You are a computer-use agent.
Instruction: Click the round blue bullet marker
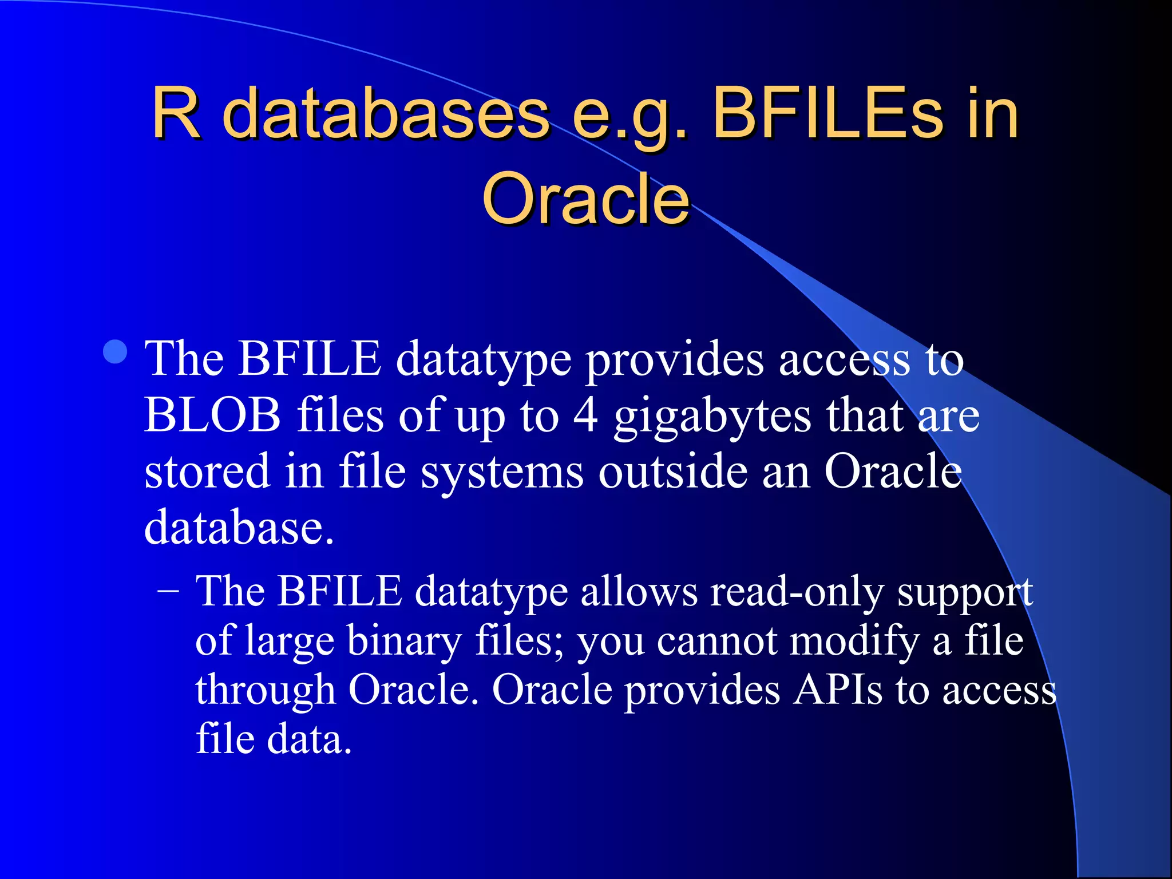tap(116, 352)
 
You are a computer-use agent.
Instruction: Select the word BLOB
tap(212, 415)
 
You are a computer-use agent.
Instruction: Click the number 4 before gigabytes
tap(585, 415)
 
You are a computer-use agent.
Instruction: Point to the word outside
tap(673, 472)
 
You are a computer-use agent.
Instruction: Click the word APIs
tap(838, 690)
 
